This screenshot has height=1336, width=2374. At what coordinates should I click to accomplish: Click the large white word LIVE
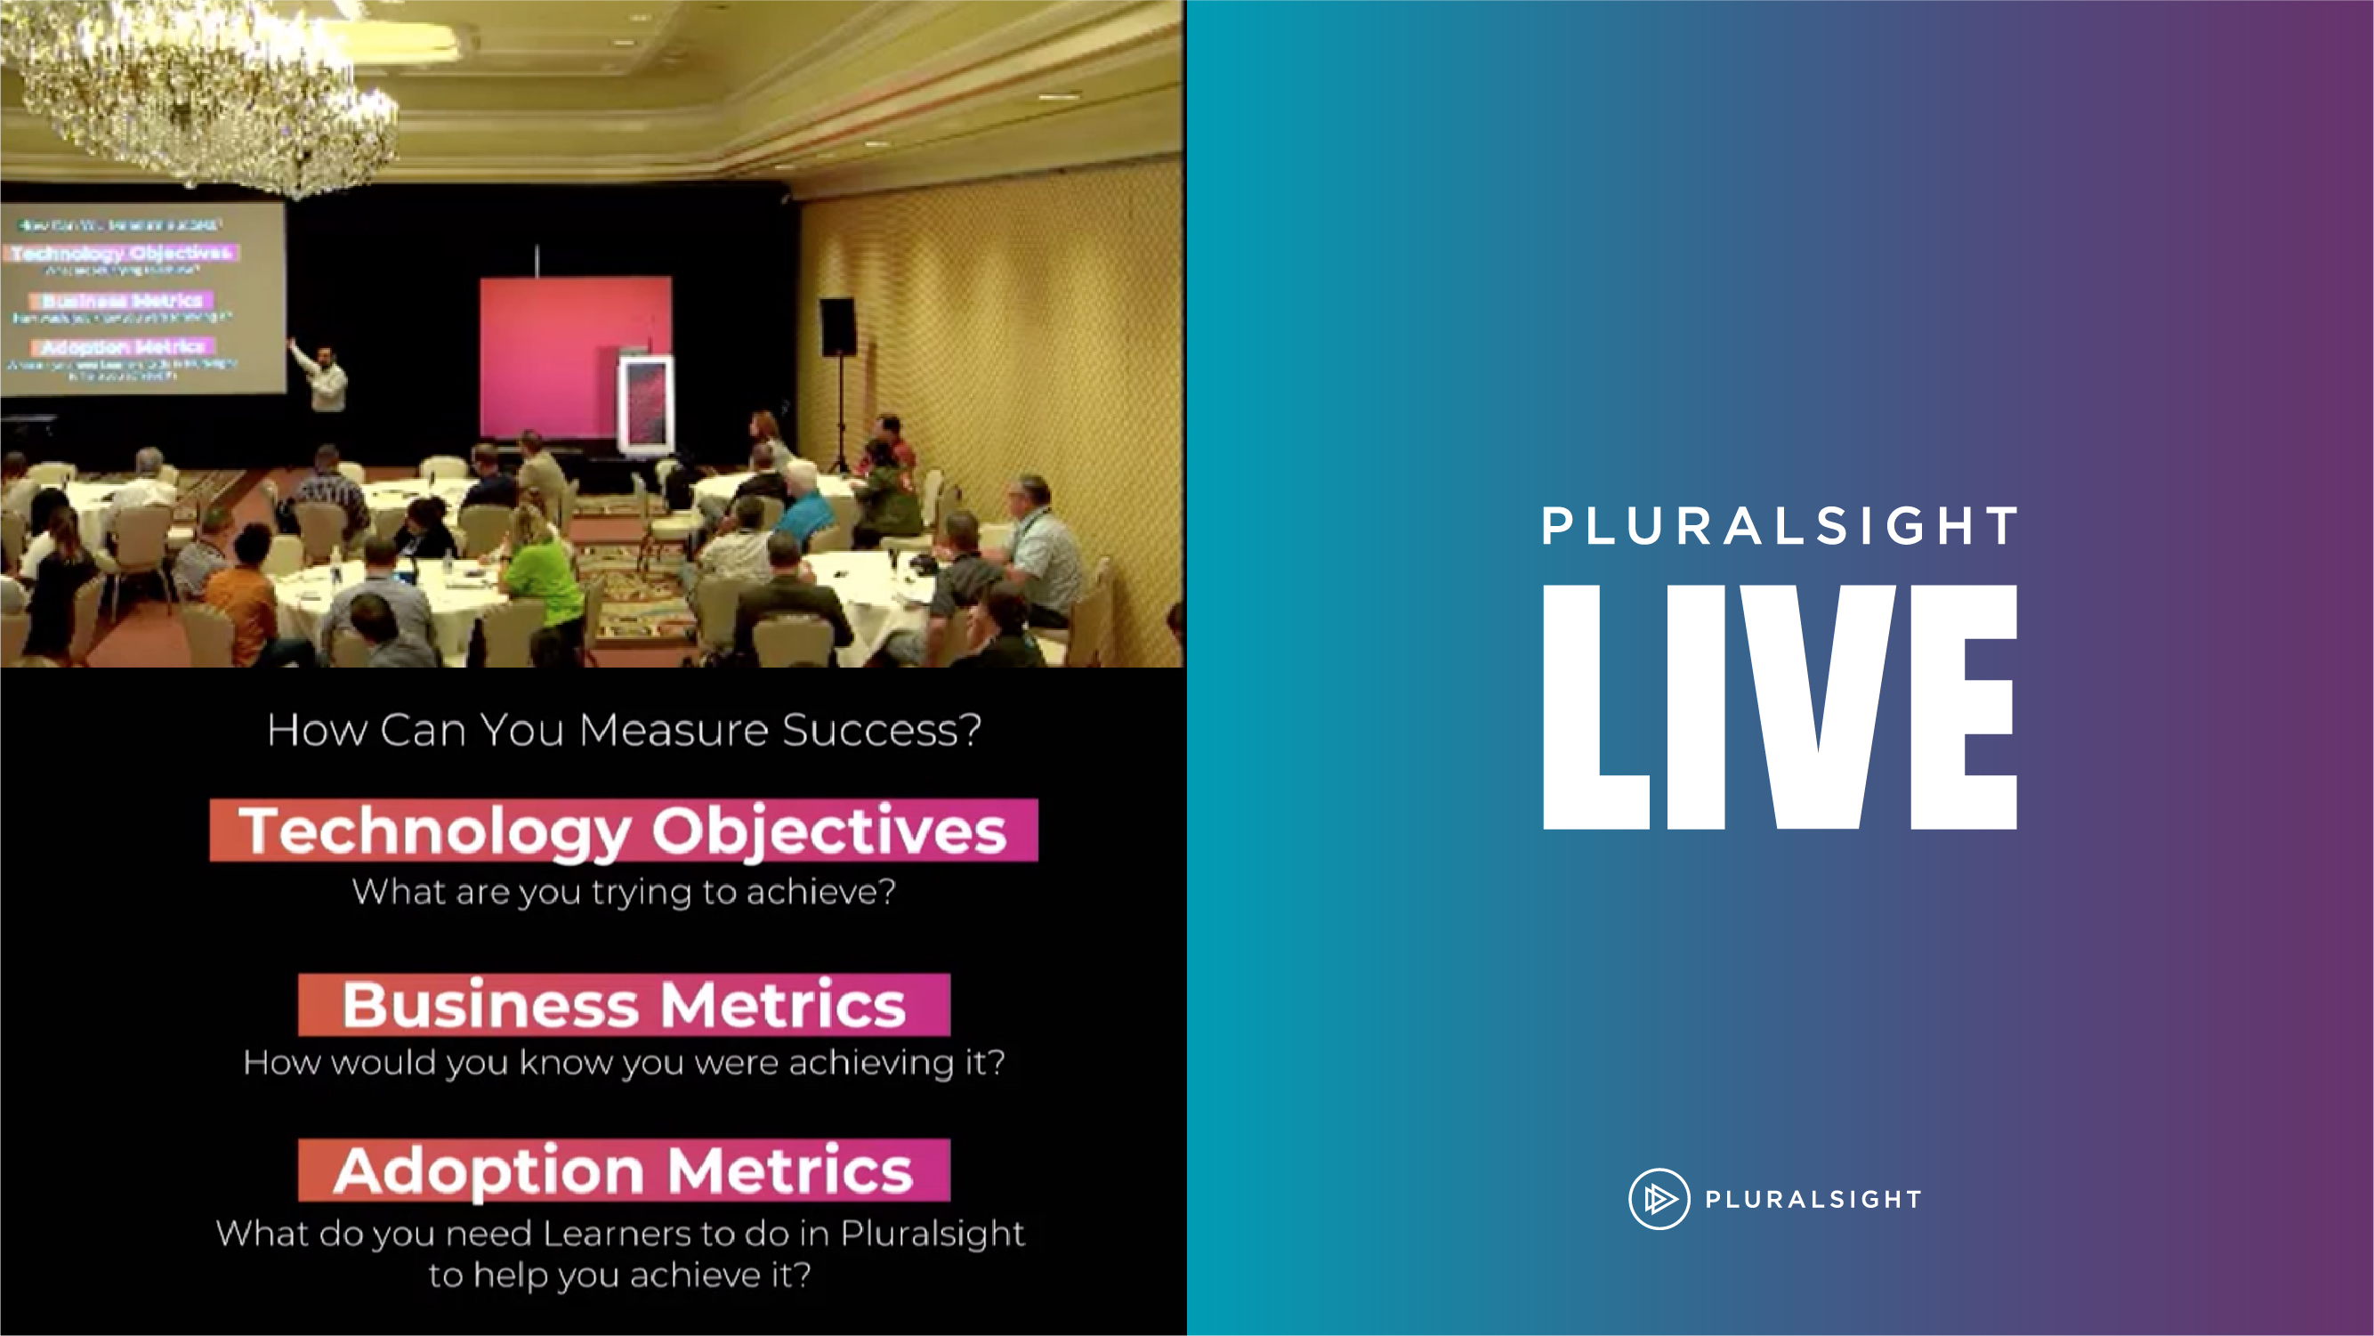1779,708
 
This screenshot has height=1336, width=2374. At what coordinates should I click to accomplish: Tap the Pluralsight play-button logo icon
1659,1199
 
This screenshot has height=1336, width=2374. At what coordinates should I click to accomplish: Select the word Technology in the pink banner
435,830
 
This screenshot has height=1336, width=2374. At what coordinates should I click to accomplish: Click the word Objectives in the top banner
828,830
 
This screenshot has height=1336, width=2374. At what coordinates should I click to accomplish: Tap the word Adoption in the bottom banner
489,1170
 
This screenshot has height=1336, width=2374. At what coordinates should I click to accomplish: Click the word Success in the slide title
880,730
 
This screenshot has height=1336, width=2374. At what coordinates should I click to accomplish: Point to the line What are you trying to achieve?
623,892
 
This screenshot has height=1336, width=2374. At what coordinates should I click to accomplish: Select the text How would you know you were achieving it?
623,1062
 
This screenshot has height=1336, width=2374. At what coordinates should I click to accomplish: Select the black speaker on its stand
836,328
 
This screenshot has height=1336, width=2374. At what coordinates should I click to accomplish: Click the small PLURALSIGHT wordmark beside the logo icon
1813,1200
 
